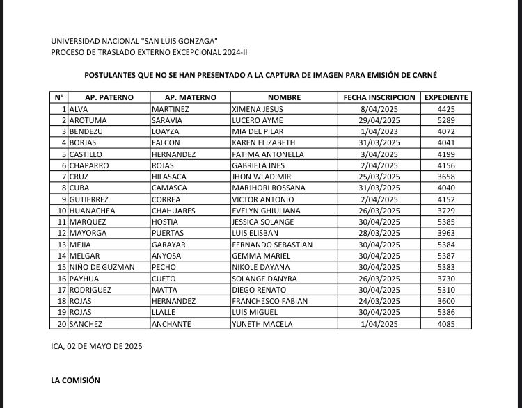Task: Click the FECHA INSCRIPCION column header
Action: (379, 98)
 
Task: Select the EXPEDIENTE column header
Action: (446, 98)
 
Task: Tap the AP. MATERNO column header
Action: (191, 98)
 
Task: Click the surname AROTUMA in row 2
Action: (88, 120)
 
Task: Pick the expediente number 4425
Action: (446, 109)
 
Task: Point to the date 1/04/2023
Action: (379, 131)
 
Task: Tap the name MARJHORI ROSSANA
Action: (269, 188)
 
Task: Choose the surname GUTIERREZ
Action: (93, 199)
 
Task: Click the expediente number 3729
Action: (446, 211)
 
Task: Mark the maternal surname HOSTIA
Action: (167, 222)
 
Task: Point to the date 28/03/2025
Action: (379, 234)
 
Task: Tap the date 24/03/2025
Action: (379, 301)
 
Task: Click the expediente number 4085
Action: (446, 324)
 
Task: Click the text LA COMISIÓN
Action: (76, 381)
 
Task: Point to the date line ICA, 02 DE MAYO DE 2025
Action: (97, 346)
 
